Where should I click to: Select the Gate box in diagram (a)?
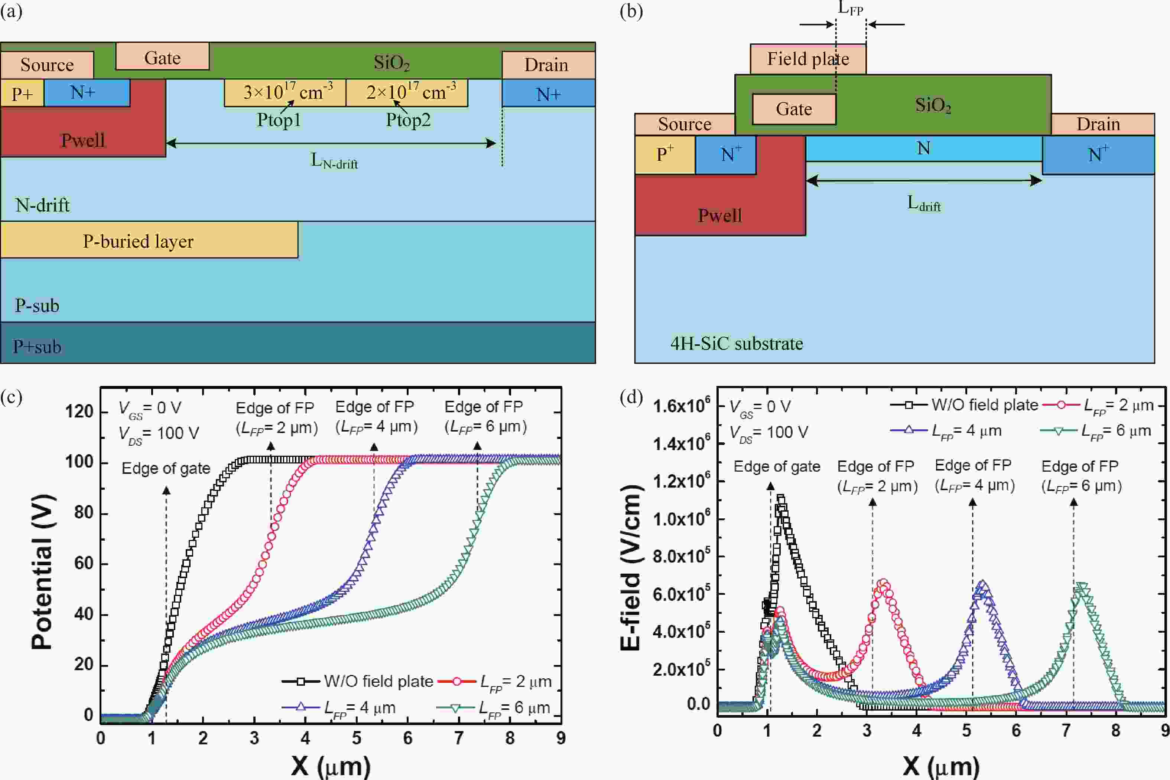(x=162, y=57)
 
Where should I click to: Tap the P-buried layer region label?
(x=138, y=241)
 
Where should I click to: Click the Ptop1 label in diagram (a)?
(x=279, y=120)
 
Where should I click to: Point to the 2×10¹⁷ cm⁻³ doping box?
(x=407, y=92)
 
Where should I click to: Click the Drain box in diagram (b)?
(x=1098, y=124)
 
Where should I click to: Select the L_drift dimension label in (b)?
(x=923, y=203)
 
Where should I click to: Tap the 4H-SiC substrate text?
(x=736, y=343)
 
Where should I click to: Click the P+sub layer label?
(x=38, y=346)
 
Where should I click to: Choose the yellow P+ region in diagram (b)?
(x=664, y=155)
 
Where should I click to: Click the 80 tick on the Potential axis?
(x=84, y=512)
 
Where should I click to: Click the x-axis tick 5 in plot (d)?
(x=966, y=730)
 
